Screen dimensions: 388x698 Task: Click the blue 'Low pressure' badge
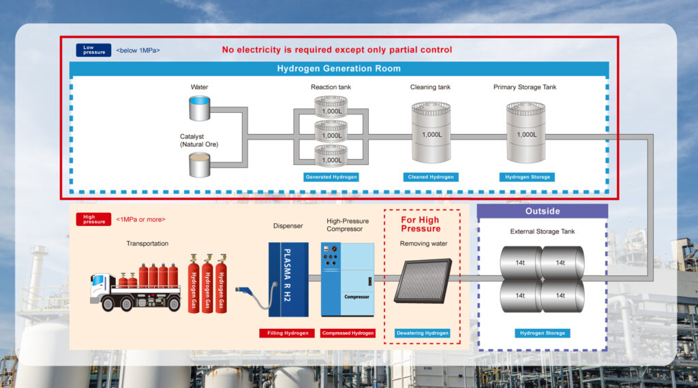coord(93,50)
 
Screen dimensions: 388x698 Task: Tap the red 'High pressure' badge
coord(93,220)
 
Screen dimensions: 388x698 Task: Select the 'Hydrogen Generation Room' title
coord(339,69)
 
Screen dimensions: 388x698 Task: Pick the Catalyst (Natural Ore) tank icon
coord(200,164)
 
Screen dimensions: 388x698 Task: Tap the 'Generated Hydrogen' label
coord(331,177)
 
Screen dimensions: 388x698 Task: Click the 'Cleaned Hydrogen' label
coord(431,177)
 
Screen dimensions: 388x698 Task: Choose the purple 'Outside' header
coord(543,211)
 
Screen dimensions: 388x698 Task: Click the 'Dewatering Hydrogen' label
coord(423,333)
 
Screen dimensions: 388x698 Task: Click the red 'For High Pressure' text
coord(420,224)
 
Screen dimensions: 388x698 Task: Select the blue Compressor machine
coord(348,279)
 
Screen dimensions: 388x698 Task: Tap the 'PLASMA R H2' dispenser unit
coord(288,279)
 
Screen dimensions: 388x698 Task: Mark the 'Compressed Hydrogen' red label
coord(348,333)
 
